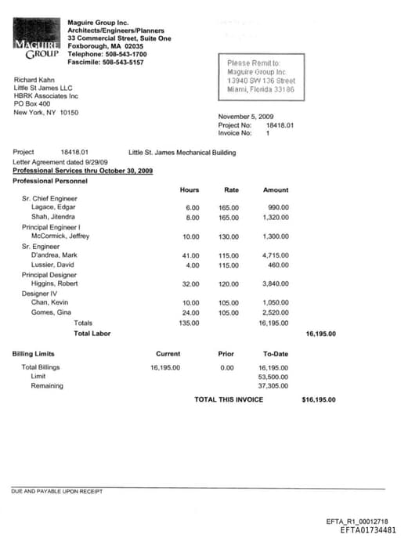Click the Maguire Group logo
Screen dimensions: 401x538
click(37, 42)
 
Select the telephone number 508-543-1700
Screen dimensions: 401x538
click(127, 55)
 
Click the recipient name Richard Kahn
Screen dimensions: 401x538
click(34, 80)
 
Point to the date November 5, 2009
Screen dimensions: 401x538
click(245, 117)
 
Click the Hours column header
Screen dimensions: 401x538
click(190, 190)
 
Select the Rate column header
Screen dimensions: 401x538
click(231, 190)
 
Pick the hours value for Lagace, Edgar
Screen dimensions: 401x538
click(192, 208)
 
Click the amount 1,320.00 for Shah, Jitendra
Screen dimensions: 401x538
click(275, 217)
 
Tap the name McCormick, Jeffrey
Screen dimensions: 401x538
click(60, 237)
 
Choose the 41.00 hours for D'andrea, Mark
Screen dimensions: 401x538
click(190, 256)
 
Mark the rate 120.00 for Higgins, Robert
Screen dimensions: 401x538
click(229, 284)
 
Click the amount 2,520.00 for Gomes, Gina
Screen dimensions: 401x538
click(275, 313)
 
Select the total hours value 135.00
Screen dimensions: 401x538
click(189, 323)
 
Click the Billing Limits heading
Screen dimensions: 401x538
click(34, 354)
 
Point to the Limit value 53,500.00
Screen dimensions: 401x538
click(273, 377)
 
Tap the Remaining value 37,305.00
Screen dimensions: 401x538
click(273, 386)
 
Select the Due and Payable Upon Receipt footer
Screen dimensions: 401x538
click(56, 492)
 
